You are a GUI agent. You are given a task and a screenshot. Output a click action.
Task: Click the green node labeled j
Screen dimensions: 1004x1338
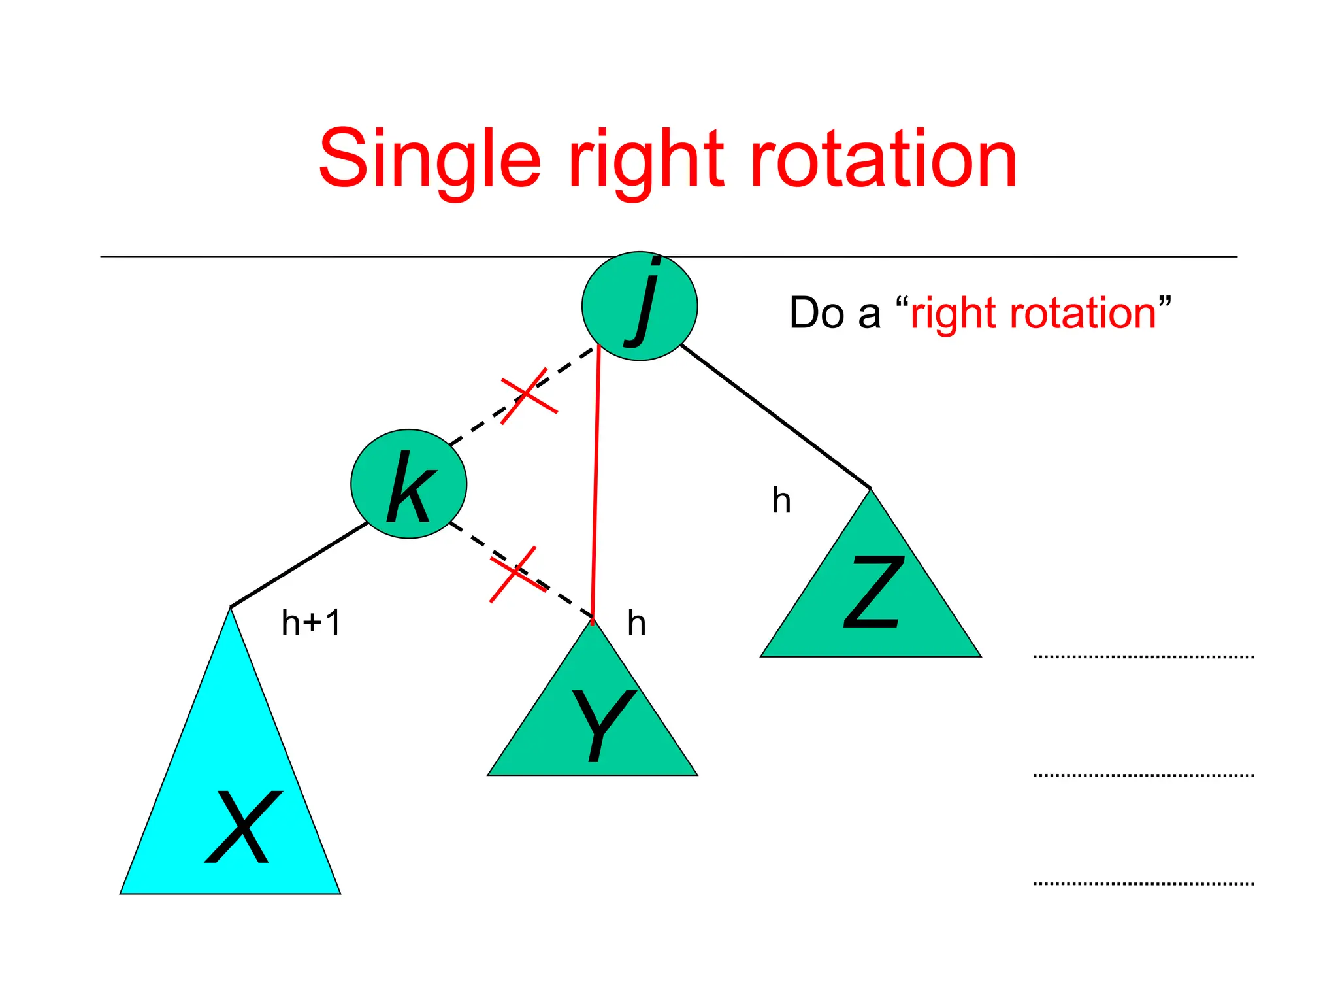640,306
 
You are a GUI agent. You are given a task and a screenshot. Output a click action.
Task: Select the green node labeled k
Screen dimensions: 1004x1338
409,484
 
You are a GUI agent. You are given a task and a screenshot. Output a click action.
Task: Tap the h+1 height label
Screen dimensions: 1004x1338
311,622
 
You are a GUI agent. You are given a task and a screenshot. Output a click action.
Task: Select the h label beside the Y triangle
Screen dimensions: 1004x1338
636,623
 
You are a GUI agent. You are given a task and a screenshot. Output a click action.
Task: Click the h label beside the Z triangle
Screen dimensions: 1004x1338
781,501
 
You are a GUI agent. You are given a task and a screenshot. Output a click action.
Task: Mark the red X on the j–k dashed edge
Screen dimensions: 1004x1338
528,395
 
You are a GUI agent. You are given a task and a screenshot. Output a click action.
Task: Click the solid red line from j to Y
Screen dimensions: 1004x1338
596,484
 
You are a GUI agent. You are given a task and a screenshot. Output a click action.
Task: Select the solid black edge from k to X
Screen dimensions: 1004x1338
299,564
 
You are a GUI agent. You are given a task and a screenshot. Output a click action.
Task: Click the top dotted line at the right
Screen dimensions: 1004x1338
1143,656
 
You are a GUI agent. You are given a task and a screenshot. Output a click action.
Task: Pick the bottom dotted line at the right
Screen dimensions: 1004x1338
1143,884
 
